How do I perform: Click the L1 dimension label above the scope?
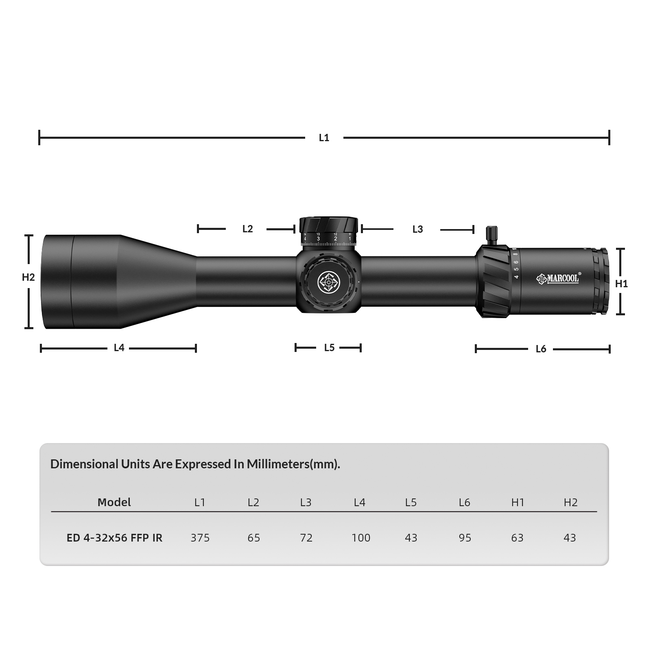click(x=324, y=138)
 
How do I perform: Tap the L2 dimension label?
click(x=247, y=229)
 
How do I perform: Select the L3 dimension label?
click(x=417, y=229)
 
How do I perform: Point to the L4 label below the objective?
click(x=119, y=348)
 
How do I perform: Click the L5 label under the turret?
click(x=329, y=348)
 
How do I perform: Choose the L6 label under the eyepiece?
click(x=541, y=349)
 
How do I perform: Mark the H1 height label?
click(x=621, y=284)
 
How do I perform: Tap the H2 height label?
click(x=28, y=277)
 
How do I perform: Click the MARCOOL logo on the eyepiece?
click(x=558, y=279)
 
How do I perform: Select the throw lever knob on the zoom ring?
click(x=492, y=235)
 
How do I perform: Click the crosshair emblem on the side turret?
click(x=329, y=282)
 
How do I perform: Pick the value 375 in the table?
click(x=200, y=538)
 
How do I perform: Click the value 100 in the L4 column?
click(x=361, y=538)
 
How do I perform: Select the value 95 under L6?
click(x=465, y=538)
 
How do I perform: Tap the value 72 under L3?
click(x=306, y=538)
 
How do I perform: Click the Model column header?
click(x=114, y=502)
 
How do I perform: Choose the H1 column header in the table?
click(x=518, y=502)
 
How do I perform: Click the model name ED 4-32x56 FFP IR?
click(x=114, y=538)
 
